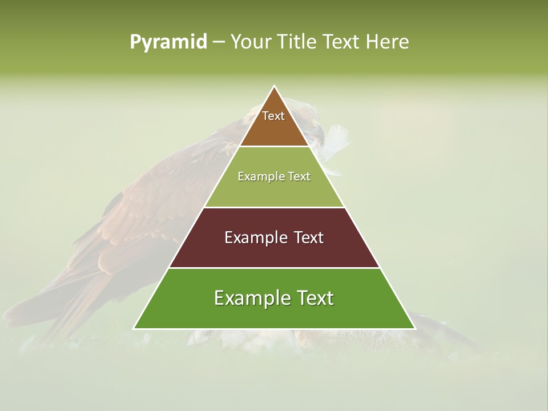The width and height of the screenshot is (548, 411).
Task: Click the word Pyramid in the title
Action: [x=168, y=42]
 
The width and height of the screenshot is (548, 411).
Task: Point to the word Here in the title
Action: [x=387, y=42]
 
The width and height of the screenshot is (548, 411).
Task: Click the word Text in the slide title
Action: [x=342, y=42]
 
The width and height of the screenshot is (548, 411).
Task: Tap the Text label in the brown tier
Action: [x=273, y=116]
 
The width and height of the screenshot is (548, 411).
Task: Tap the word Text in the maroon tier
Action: [x=308, y=237]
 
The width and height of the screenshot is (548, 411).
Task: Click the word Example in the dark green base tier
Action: [x=249, y=298]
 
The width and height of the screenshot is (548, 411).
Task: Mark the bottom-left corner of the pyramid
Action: [x=134, y=328]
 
